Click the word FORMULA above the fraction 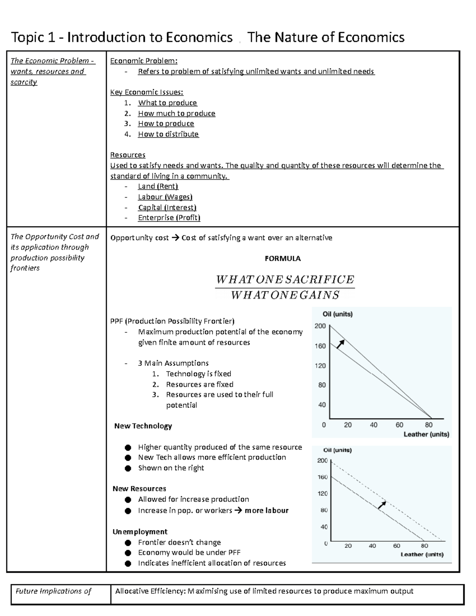coord(282,259)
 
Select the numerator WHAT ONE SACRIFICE coord(284,280)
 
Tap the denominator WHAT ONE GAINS coord(285,295)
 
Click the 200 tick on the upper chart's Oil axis coord(320,326)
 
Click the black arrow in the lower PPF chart coord(382,505)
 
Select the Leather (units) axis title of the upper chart coord(426,434)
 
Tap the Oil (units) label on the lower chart coord(337,450)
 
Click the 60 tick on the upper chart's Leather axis coord(399,425)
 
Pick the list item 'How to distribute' coord(168,134)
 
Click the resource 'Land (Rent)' coord(158,186)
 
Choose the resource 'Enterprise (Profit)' coord(169,217)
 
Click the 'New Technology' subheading coord(143,426)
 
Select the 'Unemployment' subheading coord(140,532)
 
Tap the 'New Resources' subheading coord(139,489)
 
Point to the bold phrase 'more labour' coord(267,510)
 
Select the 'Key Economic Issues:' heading coord(146,92)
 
